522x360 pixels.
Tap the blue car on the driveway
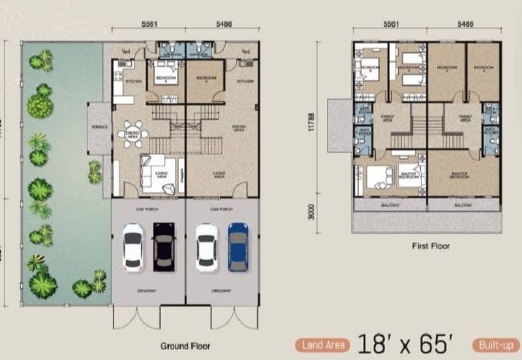coord(238,247)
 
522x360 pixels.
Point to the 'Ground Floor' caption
coord(185,346)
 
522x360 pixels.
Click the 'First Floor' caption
coord(430,247)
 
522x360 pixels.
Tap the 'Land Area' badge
coord(324,344)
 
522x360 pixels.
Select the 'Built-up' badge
coord(497,344)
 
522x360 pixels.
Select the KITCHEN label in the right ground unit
coord(245,82)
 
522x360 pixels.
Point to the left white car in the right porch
coord(206,247)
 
